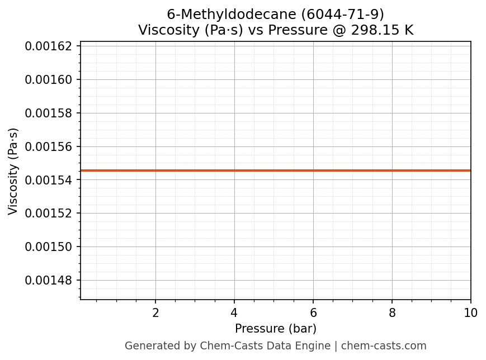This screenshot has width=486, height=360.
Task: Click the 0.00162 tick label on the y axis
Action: (49, 46)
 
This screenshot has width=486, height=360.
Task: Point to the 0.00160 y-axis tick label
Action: (49, 79)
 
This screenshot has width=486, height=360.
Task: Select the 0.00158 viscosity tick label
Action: (49, 113)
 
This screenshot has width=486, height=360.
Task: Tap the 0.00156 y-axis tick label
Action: (49, 146)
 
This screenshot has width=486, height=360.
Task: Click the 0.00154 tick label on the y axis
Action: (49, 180)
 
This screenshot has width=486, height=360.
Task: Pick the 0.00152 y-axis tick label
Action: (49, 213)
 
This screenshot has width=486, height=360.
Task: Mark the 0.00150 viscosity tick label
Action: (49, 247)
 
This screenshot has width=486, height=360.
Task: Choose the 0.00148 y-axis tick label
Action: (49, 280)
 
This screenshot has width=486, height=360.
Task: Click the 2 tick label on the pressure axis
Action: (155, 313)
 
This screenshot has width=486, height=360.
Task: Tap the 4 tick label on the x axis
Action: (234, 313)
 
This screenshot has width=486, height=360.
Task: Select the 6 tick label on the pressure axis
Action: (313, 313)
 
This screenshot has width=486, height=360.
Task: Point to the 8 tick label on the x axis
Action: (392, 313)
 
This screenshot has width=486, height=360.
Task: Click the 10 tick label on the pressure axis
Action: (471, 313)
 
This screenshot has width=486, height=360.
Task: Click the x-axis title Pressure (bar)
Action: (276, 329)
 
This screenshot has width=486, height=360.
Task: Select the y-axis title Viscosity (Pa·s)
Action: (13, 171)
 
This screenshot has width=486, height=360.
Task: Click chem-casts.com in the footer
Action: (384, 346)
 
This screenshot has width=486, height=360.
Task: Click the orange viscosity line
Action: (276, 170)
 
